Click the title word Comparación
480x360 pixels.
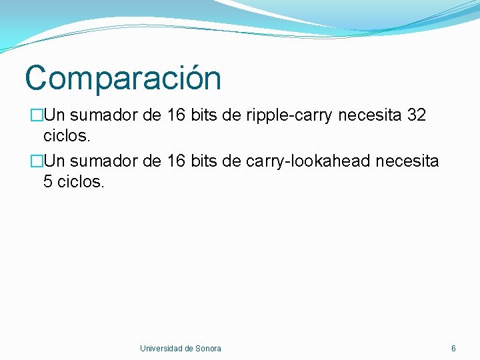(123, 78)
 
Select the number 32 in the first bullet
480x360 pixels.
(416, 116)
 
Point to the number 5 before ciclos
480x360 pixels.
(48, 181)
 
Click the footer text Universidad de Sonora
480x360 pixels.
(180, 348)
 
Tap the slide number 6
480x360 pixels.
(453, 348)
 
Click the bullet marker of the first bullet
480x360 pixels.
(36, 116)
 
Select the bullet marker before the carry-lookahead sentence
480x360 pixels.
(36, 161)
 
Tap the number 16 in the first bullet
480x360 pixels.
(176, 116)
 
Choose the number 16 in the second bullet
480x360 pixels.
(176, 161)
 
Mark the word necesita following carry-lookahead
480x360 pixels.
(407, 161)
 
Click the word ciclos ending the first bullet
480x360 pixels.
(66, 137)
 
